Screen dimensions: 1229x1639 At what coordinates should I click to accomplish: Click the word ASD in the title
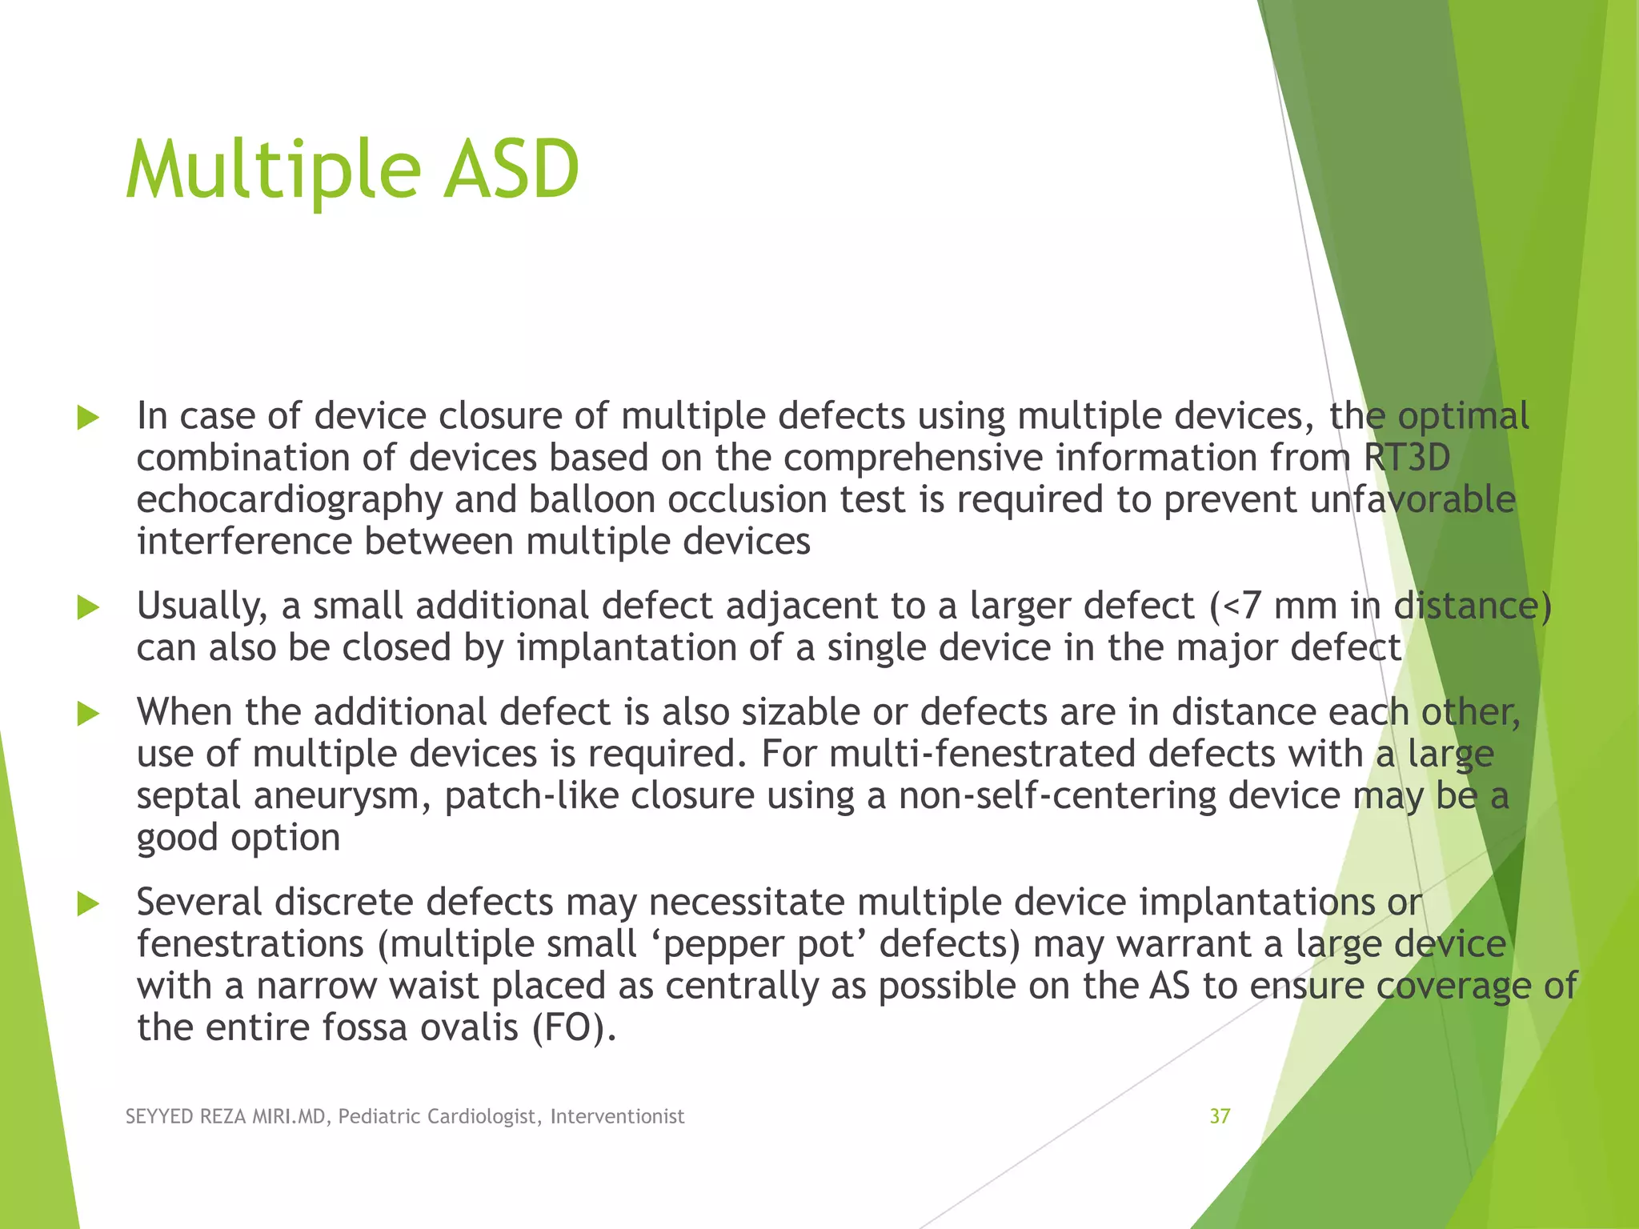(x=511, y=170)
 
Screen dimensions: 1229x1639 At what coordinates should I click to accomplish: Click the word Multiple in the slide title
(x=273, y=170)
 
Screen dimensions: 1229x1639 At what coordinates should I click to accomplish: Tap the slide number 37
(x=1220, y=1116)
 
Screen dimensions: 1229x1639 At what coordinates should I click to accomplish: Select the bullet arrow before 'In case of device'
(x=88, y=418)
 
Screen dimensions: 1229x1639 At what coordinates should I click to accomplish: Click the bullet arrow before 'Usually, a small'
(x=88, y=607)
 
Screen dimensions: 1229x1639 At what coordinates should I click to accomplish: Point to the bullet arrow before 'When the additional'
(x=88, y=714)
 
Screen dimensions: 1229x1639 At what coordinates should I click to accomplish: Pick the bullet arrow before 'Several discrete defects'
(x=88, y=904)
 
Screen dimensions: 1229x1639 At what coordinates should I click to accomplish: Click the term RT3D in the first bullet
(x=1406, y=458)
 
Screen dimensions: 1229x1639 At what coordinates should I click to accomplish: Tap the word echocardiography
(x=289, y=500)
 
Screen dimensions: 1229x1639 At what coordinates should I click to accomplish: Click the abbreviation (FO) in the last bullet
(x=574, y=1027)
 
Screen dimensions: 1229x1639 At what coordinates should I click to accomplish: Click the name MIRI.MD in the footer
(x=289, y=1116)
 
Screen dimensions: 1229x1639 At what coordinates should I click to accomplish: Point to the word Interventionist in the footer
(x=617, y=1116)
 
